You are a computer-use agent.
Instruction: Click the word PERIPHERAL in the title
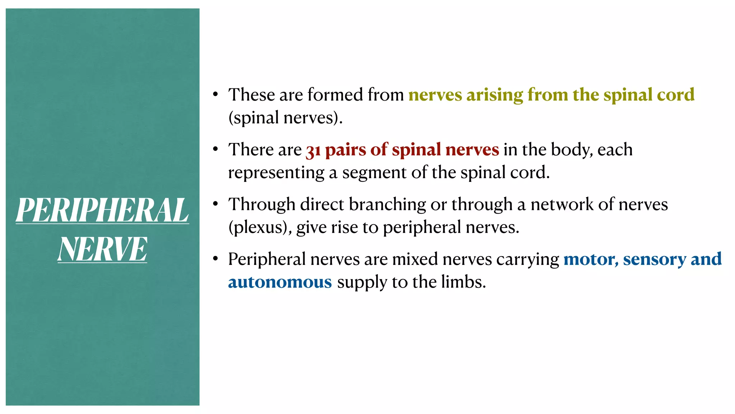click(x=102, y=210)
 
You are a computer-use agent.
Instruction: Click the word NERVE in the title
click(x=102, y=249)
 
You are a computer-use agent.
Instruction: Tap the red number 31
click(x=313, y=151)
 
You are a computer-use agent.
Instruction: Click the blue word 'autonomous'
click(x=280, y=282)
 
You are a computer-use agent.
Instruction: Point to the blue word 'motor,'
click(x=591, y=259)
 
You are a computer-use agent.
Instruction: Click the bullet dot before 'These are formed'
click(x=215, y=95)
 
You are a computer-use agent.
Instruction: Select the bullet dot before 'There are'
click(x=215, y=149)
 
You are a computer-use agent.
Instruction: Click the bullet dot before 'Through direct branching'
click(x=215, y=204)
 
